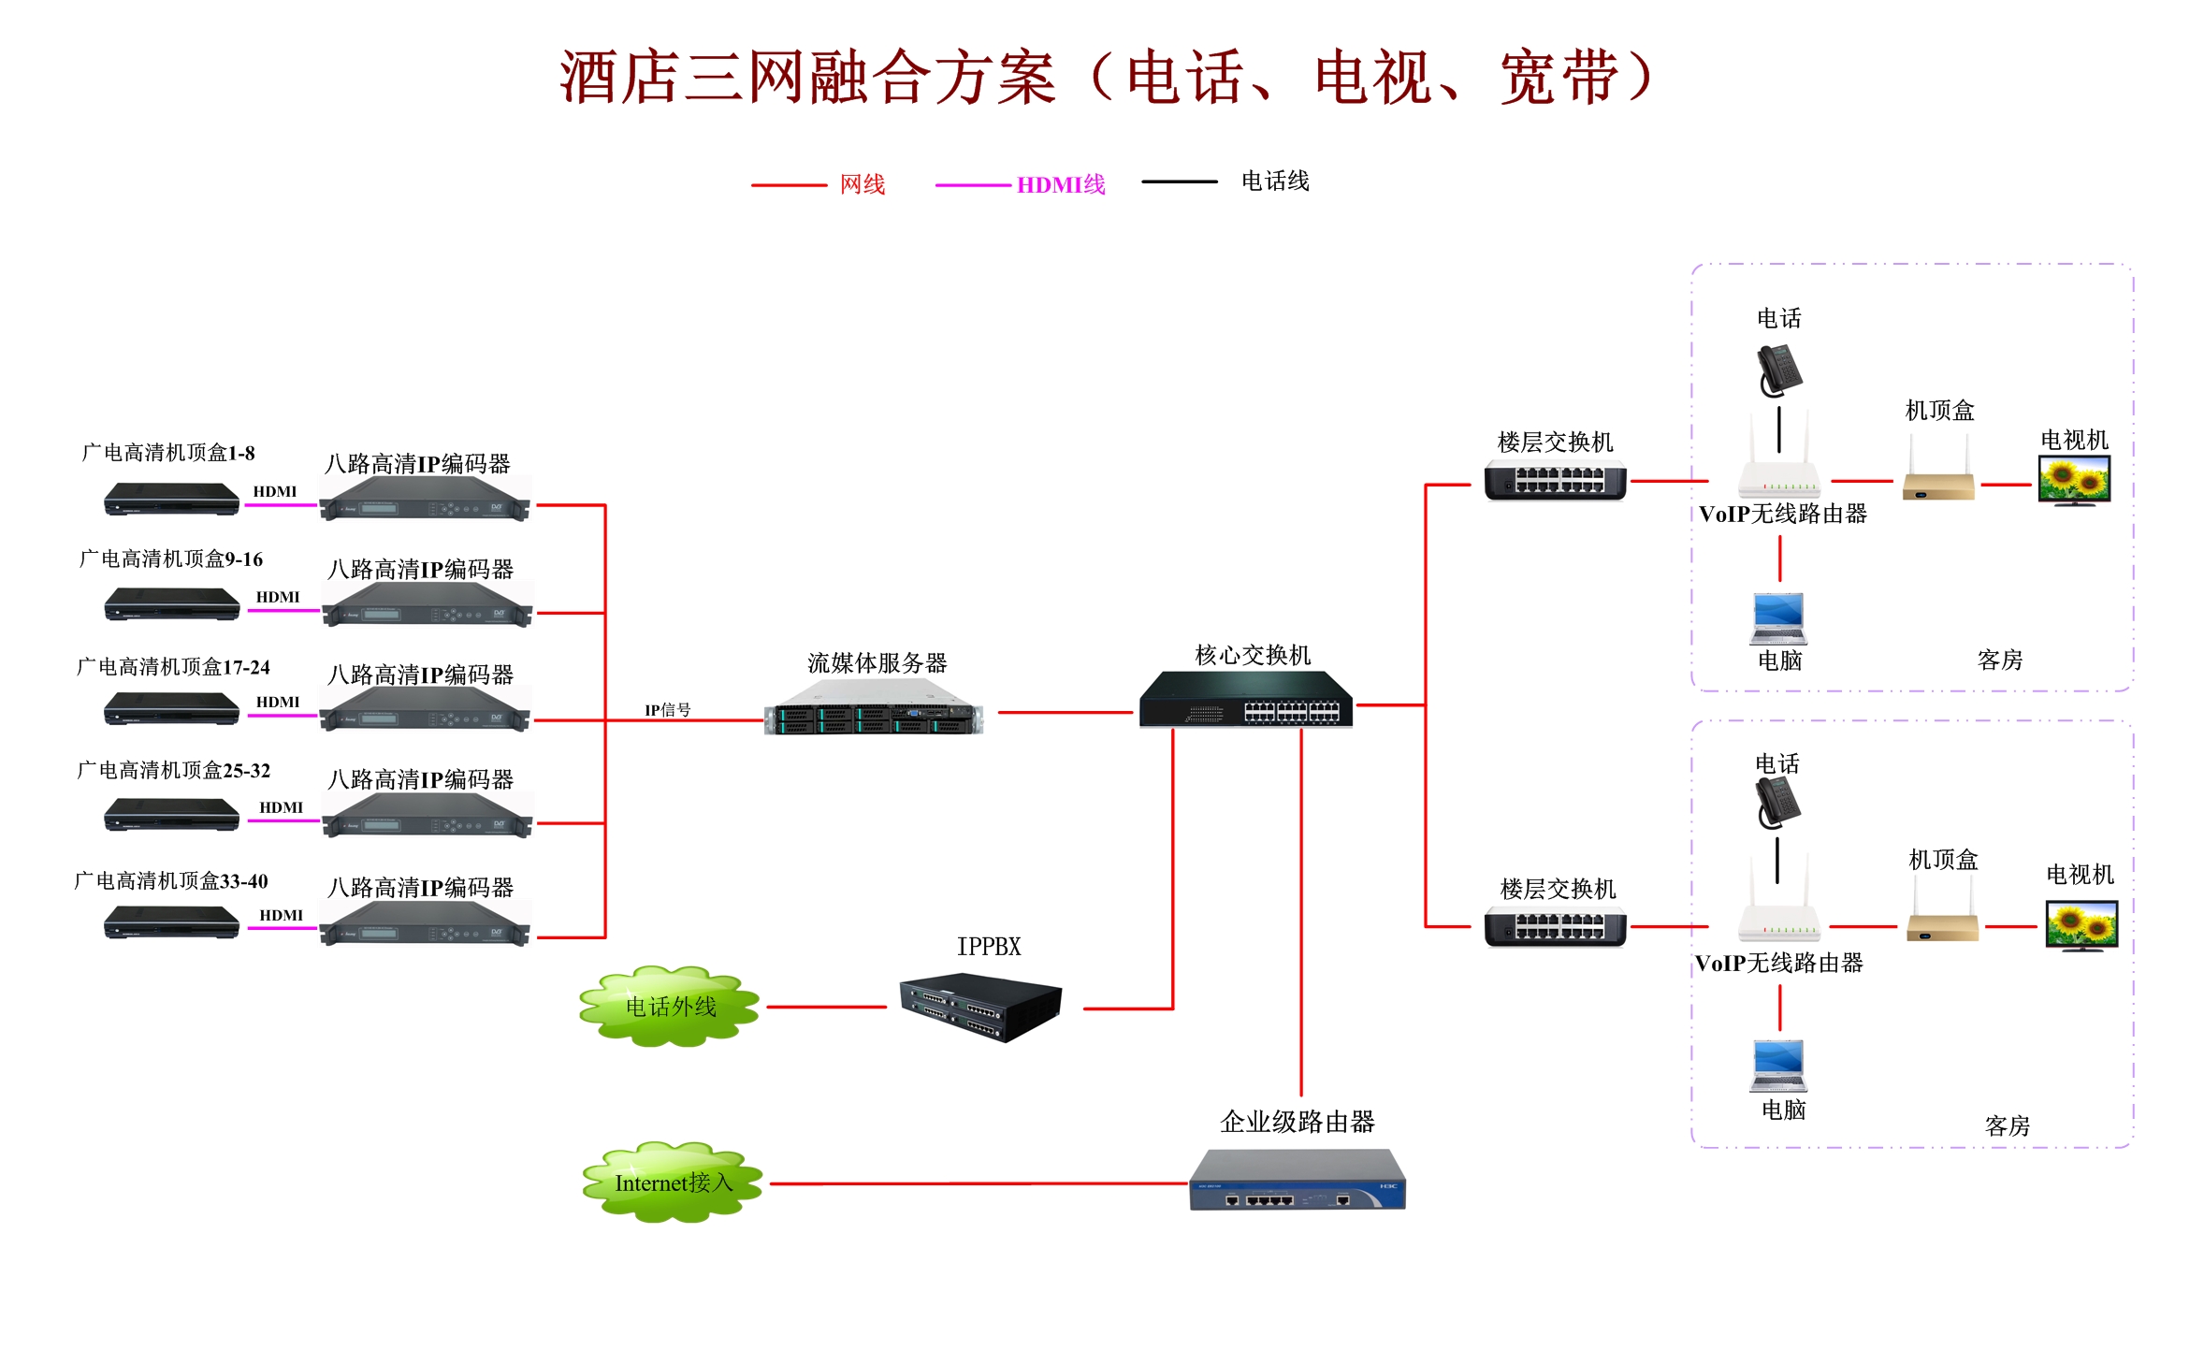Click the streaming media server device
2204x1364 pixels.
[x=874, y=708]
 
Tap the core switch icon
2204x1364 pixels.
[x=1245, y=700]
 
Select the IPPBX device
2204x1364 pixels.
[x=980, y=1007]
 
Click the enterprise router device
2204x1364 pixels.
[x=1297, y=1180]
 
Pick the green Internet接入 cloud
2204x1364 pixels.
[x=672, y=1183]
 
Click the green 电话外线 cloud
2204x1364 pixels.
[x=669, y=1007]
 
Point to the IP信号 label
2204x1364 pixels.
[x=667, y=710]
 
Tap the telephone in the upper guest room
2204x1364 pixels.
[x=1778, y=370]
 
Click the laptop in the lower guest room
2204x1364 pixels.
[x=1777, y=1066]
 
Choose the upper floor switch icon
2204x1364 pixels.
[x=1555, y=481]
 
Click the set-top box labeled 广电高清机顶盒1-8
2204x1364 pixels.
[x=171, y=499]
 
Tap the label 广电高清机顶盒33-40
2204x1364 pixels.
[x=171, y=880]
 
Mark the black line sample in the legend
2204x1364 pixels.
[x=1179, y=181]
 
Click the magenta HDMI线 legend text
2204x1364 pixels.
[x=1060, y=185]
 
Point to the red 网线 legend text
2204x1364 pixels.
[x=862, y=184]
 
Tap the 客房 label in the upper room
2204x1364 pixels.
[x=1999, y=660]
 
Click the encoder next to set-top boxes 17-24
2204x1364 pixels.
[x=425, y=711]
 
